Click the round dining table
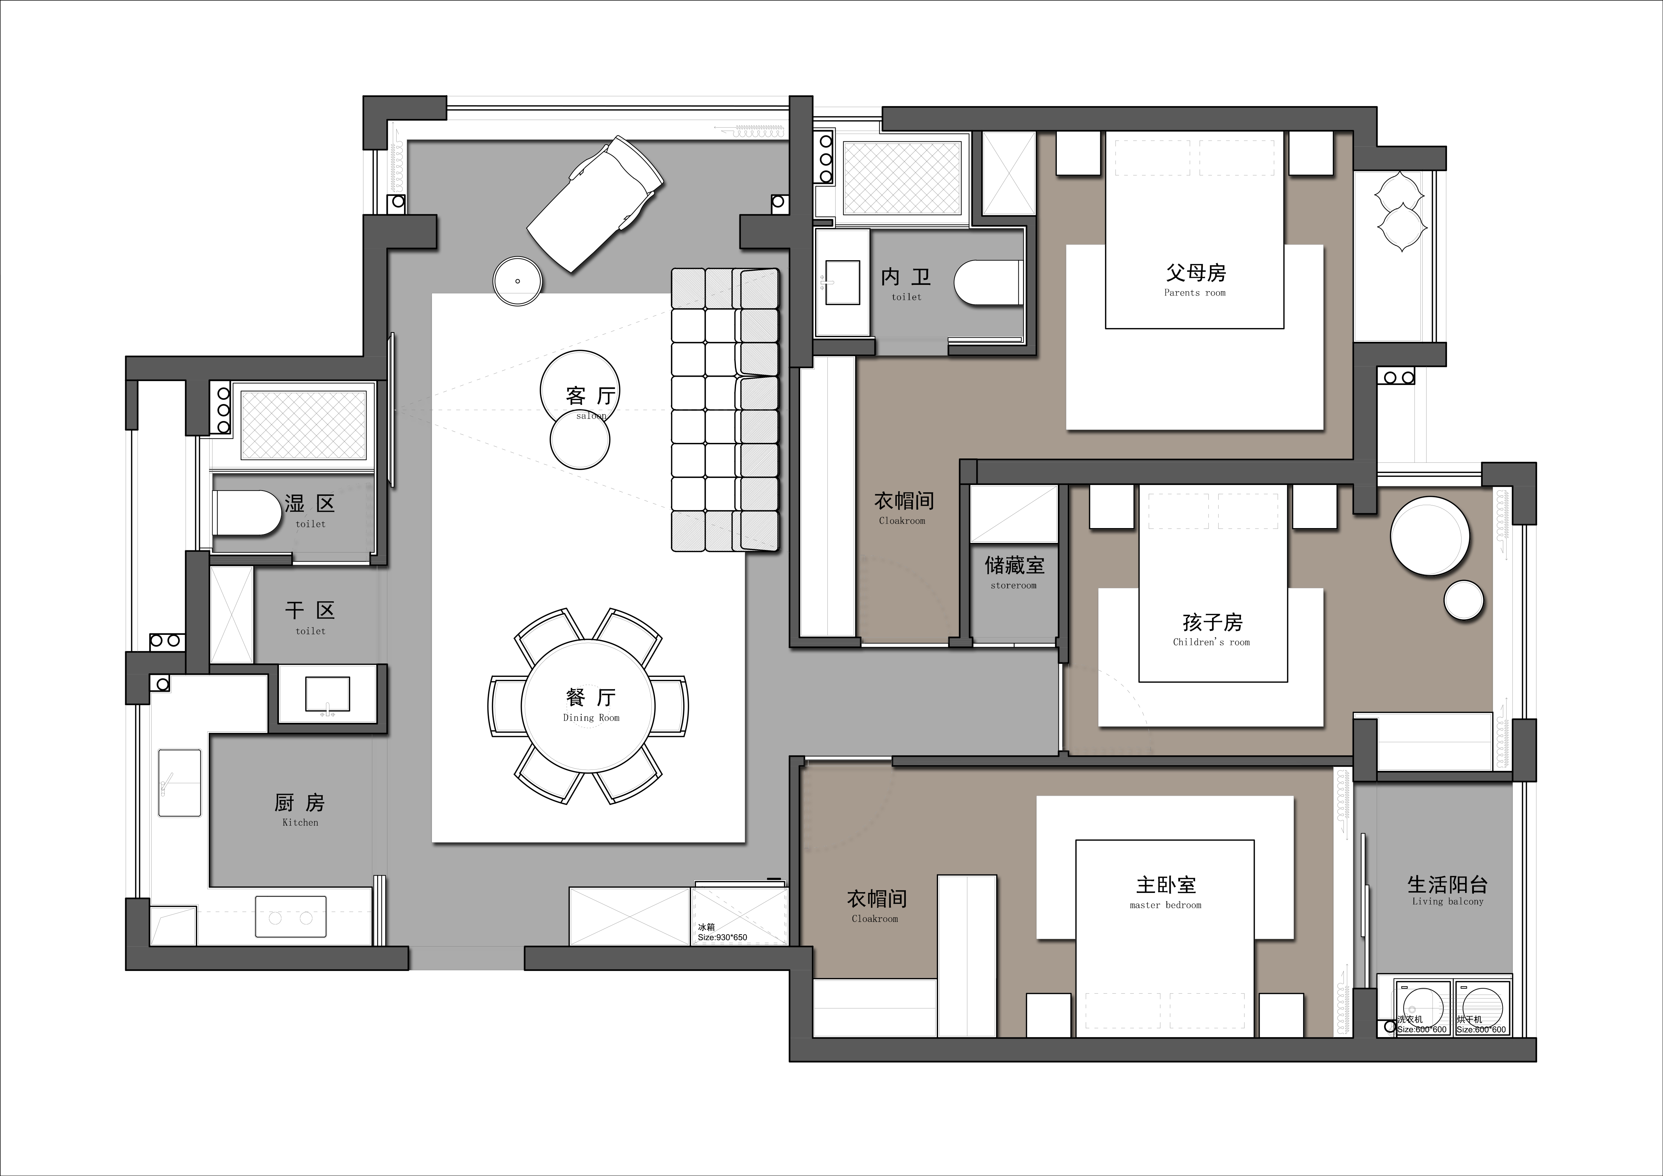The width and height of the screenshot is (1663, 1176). click(x=588, y=706)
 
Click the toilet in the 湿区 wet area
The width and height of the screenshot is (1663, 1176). click(x=246, y=513)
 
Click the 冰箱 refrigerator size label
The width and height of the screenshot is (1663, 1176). click(x=722, y=932)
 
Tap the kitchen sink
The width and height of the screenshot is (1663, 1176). click(x=180, y=783)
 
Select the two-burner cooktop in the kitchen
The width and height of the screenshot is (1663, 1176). click(x=291, y=918)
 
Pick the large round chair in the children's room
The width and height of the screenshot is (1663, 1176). click(x=1430, y=536)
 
